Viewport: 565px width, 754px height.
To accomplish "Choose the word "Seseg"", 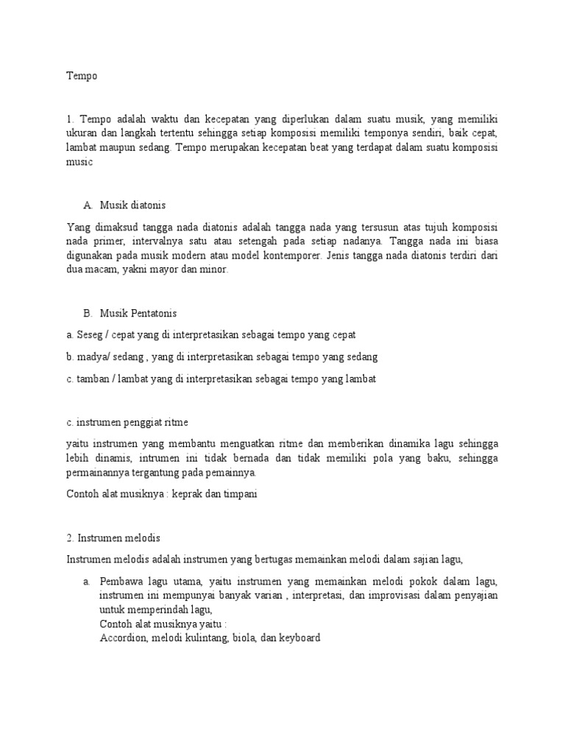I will click(x=88, y=335).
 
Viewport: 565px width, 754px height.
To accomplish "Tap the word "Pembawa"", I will click(x=123, y=582).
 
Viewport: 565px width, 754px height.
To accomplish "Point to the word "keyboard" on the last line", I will click(x=297, y=638).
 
